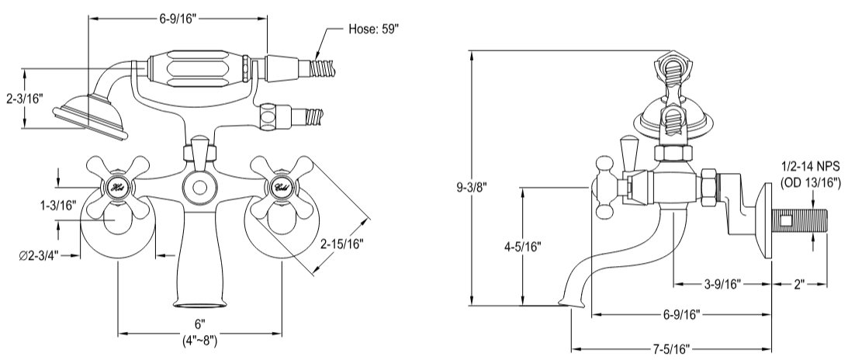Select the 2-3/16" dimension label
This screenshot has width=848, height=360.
pyautogui.click(x=24, y=99)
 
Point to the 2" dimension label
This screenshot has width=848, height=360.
pyautogui.click(x=799, y=283)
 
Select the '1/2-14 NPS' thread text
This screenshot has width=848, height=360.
pyautogui.click(x=810, y=166)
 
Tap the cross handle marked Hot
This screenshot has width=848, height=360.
pyautogui.click(x=114, y=187)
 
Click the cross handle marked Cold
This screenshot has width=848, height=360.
pyautogui.click(x=280, y=187)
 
